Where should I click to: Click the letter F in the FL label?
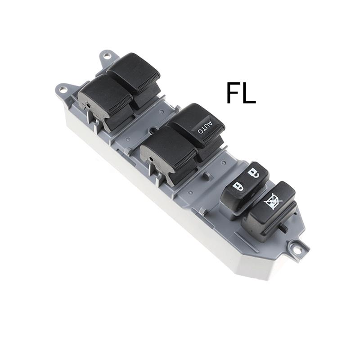233,93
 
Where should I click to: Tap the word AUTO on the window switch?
205,127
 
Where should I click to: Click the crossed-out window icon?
274,202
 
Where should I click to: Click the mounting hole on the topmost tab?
106,55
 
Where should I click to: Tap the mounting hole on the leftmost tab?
63,89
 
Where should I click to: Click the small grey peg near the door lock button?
207,175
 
